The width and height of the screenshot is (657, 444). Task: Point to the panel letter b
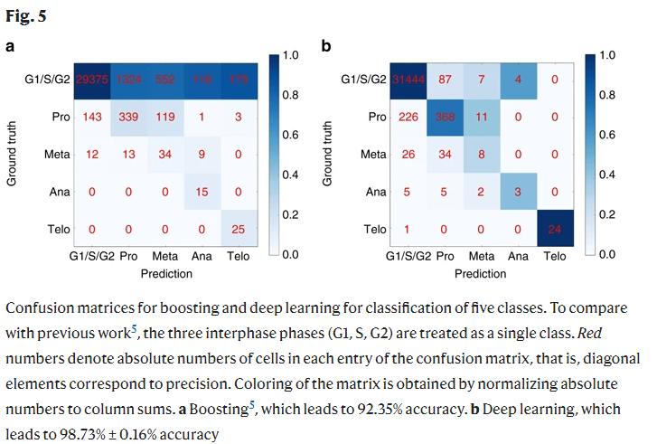326,45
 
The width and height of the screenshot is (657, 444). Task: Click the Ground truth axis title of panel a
12,156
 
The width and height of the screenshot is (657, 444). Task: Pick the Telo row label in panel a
58,231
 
